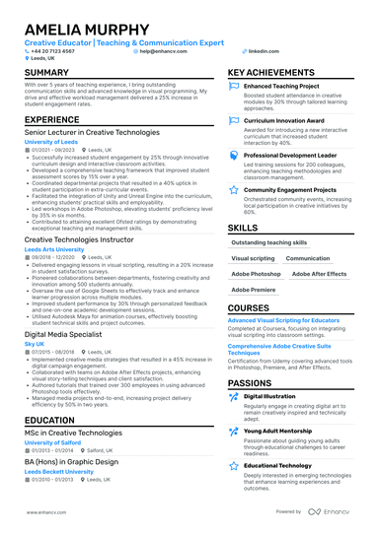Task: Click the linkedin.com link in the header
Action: coord(261,50)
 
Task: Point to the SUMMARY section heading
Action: coord(46,73)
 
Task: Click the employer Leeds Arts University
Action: coord(54,250)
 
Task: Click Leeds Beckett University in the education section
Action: coord(59,472)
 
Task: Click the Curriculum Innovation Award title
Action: coord(285,120)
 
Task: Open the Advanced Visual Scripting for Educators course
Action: coord(285,320)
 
